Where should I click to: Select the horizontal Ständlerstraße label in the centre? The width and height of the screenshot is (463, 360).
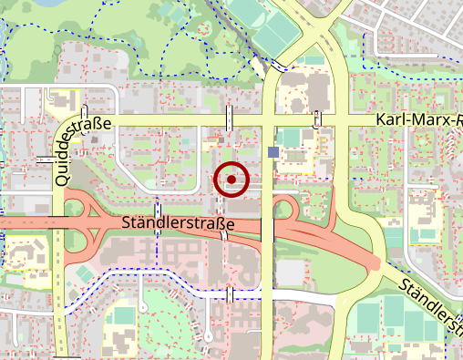179,222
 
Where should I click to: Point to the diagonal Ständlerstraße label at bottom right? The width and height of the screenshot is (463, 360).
429,305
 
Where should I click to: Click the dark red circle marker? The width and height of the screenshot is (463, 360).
231,180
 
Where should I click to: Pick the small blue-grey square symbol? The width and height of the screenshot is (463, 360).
274,151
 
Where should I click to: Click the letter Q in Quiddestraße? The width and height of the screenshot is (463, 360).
60,179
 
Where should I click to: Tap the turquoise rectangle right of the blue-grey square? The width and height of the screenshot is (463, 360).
292,138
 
